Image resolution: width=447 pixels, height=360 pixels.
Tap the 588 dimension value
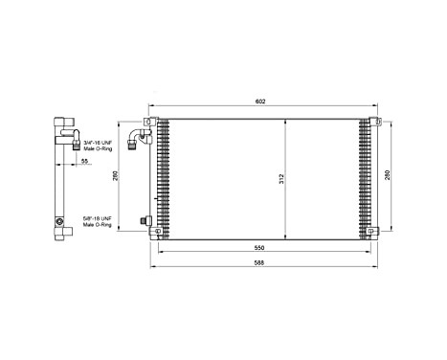pos(261,262)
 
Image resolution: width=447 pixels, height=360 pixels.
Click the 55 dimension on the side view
pos(85,163)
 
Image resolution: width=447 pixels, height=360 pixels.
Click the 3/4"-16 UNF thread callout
pos(99,142)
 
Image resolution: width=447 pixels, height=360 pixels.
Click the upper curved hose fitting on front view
pos(142,141)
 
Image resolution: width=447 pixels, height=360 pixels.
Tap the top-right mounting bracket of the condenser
pos(374,122)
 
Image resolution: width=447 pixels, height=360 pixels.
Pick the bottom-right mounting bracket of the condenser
pos(374,230)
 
